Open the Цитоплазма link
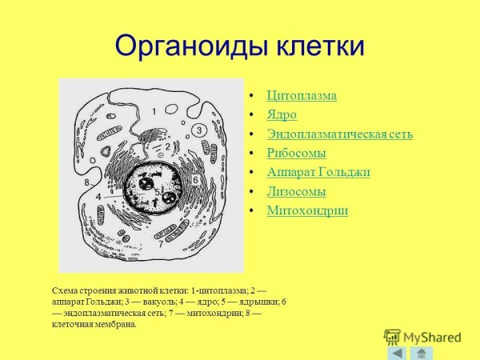[x=302, y=96]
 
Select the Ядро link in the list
[x=282, y=115]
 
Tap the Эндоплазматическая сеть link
[x=340, y=134]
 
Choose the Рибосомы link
[x=296, y=154]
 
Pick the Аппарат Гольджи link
[x=318, y=173]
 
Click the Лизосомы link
[x=296, y=192]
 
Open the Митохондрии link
[x=307, y=211]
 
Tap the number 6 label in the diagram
[x=195, y=181]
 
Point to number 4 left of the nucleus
[x=98, y=196]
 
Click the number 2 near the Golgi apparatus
[x=167, y=146]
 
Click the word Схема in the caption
[x=65, y=289]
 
